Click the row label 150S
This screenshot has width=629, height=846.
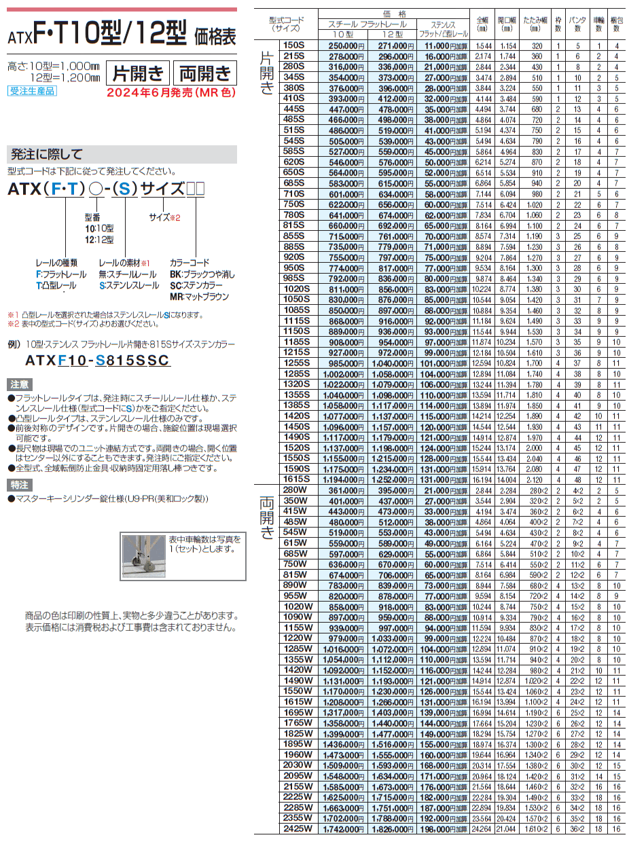point(293,45)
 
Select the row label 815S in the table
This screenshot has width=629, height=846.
point(293,225)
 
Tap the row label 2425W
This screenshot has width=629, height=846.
point(298,830)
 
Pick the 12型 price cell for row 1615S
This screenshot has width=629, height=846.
point(392,479)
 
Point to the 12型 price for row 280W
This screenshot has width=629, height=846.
point(392,490)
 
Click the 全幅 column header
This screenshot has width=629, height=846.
point(483,24)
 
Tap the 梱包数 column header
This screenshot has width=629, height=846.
point(616,24)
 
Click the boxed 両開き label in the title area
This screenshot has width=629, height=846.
point(202,73)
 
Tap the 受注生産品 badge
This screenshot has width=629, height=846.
point(32,90)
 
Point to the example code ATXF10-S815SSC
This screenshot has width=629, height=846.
point(97,361)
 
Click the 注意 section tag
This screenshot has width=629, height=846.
point(18,384)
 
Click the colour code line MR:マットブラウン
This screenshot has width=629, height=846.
point(200,297)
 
